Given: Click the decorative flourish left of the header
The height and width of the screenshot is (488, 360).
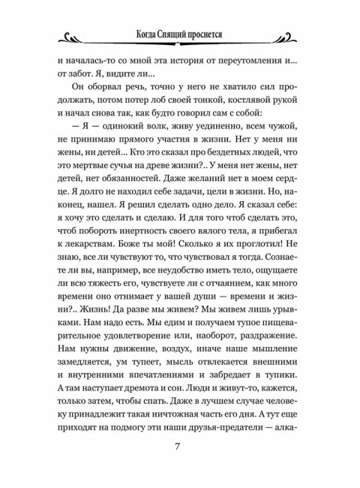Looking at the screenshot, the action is pos(79,35).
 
